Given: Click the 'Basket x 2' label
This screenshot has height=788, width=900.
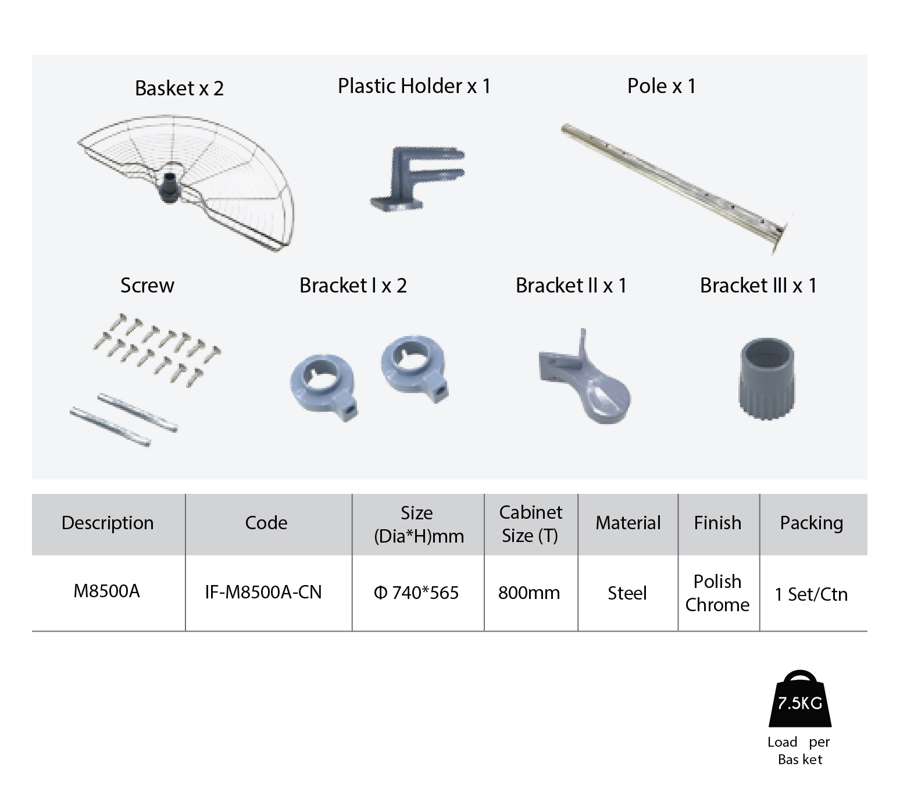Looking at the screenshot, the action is (x=179, y=88).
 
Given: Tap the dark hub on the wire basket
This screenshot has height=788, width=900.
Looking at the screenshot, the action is (x=169, y=187).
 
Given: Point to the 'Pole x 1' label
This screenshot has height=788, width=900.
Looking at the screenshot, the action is (x=661, y=86).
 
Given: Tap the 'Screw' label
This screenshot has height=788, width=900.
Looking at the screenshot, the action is (x=147, y=286).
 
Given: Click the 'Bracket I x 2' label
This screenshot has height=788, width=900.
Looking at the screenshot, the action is (x=353, y=286).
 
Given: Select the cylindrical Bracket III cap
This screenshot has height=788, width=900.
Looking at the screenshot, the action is (x=767, y=379).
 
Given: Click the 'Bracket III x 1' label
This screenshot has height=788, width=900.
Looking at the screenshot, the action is (x=758, y=286).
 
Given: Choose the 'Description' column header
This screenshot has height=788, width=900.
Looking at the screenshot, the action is (x=108, y=523).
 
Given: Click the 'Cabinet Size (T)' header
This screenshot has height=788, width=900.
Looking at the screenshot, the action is (x=530, y=524).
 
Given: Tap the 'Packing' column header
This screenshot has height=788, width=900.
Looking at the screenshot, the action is (x=812, y=523).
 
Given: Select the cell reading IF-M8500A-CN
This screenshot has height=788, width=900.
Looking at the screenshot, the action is (x=263, y=592).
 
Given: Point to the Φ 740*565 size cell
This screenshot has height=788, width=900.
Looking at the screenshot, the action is (x=416, y=593).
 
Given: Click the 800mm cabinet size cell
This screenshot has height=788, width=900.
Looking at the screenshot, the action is (x=529, y=593).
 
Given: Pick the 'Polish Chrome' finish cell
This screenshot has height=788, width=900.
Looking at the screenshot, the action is (x=717, y=593).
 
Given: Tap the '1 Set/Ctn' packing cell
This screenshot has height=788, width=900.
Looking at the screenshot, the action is (x=811, y=594).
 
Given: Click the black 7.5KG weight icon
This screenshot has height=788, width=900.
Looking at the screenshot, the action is (x=800, y=698).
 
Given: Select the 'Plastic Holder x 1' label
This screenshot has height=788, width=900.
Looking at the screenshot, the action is (x=414, y=86).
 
